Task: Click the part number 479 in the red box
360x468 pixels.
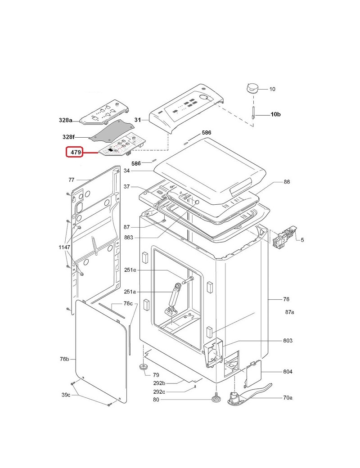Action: pyautogui.click(x=75, y=153)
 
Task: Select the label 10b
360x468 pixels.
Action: pyautogui.click(x=275, y=115)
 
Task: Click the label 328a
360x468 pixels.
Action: pyautogui.click(x=66, y=120)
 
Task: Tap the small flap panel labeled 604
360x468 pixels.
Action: pyautogui.click(x=252, y=372)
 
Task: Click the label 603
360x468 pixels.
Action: pyautogui.click(x=288, y=341)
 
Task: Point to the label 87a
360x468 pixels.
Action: pyautogui.click(x=289, y=312)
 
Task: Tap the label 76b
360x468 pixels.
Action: pyautogui.click(x=64, y=359)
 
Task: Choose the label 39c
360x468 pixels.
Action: pyautogui.click(x=66, y=395)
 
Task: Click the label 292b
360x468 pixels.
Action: pyautogui.click(x=159, y=383)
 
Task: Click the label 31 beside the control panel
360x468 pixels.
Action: pyautogui.click(x=138, y=120)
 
